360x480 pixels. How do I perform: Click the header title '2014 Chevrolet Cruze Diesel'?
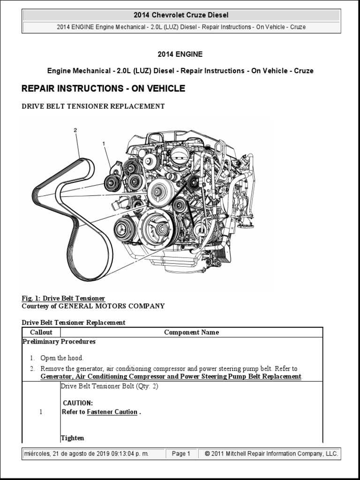pos(181,15)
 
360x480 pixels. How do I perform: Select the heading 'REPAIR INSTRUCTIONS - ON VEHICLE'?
pos(104,89)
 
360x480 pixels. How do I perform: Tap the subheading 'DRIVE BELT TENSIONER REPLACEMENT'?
pos(93,106)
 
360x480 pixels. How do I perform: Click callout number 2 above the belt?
pos(75,130)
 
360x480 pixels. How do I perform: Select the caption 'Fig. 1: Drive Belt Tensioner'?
pos(63,299)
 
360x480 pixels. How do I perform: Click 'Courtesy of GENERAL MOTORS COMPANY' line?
pos(93,306)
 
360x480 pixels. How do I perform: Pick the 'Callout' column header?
pos(41,332)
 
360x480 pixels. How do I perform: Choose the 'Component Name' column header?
pos(191,332)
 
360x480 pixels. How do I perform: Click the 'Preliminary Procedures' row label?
pos(59,342)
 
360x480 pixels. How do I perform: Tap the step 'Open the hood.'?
pos(62,358)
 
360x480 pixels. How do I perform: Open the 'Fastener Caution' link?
pos(112,412)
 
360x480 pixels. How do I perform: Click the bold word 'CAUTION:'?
pos(78,403)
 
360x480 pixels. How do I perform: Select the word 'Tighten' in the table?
pos(73,438)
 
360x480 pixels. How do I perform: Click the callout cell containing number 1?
pos(41,412)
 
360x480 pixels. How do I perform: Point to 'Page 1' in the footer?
pos(181,454)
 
